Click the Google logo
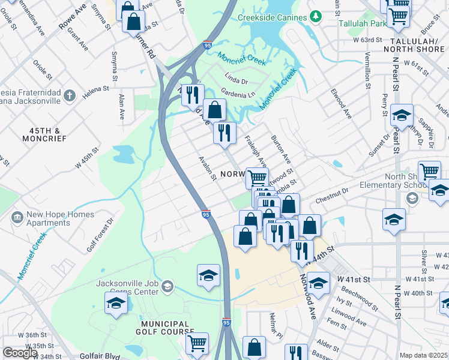(x=20, y=353)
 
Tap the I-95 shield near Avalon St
(x=206, y=214)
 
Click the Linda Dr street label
(x=236, y=78)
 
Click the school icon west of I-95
(x=208, y=275)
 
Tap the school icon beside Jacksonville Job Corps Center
(x=116, y=302)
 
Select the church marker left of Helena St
(x=70, y=95)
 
